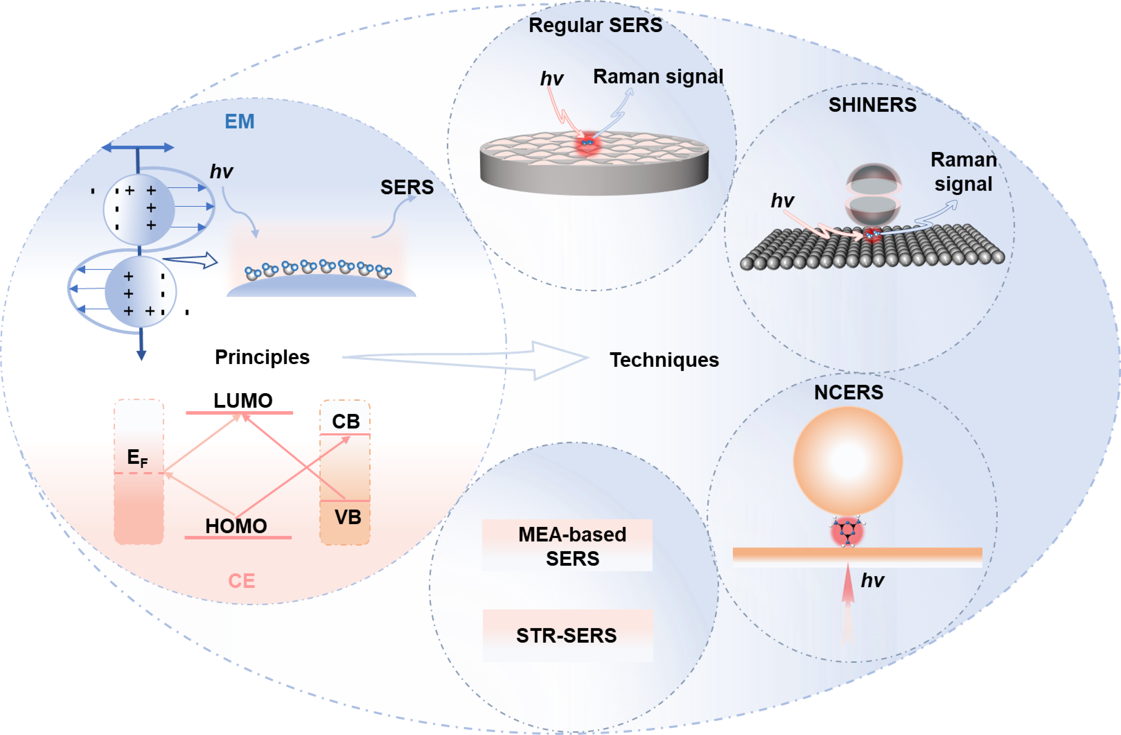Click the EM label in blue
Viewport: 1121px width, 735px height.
[239, 122]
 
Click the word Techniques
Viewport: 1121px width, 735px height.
[664, 360]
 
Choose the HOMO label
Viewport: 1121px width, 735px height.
[236, 526]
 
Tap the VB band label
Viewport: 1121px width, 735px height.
[348, 517]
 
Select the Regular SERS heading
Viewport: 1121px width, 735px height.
[595, 25]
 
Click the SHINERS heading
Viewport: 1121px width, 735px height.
[872, 105]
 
